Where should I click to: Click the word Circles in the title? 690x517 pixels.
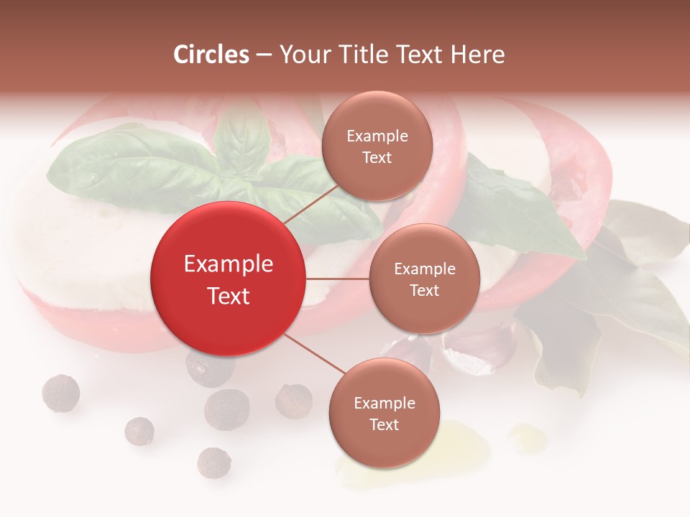tap(211, 55)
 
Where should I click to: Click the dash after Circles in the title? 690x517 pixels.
tap(264, 55)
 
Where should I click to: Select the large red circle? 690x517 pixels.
tap(229, 279)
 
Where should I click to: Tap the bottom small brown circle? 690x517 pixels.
tap(384, 414)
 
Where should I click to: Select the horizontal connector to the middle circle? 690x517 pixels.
tap(338, 279)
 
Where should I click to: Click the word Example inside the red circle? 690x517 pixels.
tap(229, 264)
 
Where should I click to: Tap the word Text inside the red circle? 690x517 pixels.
tap(229, 296)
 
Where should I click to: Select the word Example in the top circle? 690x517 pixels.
tap(377, 136)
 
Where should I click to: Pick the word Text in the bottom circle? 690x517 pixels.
tap(384, 425)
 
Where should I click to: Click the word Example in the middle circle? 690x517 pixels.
tap(424, 269)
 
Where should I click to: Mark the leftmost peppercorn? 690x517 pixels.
tap(60, 393)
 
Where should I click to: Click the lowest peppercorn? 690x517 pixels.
tap(214, 462)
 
